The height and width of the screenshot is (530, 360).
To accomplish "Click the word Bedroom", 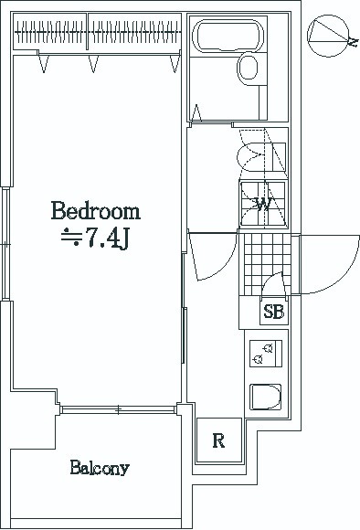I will point(96,212).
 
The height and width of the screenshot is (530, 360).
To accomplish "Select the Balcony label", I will point(100,469).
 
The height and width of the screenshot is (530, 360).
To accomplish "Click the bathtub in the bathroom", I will point(229,37).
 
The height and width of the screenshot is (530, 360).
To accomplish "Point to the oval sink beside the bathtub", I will point(248,68).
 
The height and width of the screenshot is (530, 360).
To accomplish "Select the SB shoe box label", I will point(273,313).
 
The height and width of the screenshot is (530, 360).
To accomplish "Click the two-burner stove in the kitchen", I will point(266,353).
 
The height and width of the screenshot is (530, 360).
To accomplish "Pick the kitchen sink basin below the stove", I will point(266,398).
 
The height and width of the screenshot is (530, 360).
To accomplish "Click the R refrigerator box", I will point(219,441).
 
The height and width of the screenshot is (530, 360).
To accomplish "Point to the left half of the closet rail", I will point(51,37).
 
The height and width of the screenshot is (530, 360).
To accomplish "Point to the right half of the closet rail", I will point(132,37).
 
